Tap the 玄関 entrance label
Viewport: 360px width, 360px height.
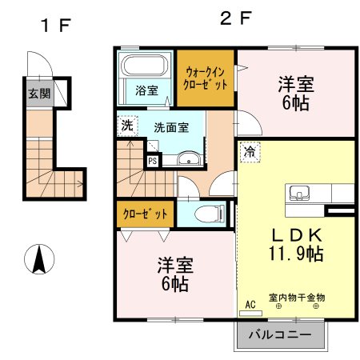(39, 94)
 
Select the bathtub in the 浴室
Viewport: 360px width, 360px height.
(144, 64)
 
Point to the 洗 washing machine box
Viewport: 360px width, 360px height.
(126, 125)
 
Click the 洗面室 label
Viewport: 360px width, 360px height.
(171, 127)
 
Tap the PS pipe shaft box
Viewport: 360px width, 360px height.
(153, 160)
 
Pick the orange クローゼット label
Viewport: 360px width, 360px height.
(146, 214)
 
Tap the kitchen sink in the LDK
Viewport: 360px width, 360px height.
(301, 193)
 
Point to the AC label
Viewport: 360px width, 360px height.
(250, 305)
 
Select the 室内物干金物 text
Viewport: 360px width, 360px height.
(296, 298)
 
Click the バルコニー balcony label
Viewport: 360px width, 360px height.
(282, 335)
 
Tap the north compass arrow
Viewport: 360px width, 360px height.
(38, 261)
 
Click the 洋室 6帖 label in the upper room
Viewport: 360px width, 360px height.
(295, 92)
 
